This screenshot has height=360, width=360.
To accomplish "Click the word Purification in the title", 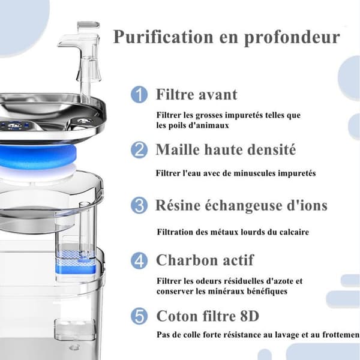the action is pos(163,37).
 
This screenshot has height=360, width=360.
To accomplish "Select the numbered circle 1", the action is pos(139,94).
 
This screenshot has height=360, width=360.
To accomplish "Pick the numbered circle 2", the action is pos(139,149).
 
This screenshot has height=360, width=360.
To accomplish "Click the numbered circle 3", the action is pos(139,205).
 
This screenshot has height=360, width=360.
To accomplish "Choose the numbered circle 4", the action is pos(139,260).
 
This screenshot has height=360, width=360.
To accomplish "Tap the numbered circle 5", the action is pos(139,316).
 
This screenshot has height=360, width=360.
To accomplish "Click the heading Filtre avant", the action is pos(197,94).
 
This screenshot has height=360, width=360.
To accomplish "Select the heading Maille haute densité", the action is pos(226,149).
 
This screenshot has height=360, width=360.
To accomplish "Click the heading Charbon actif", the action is pos(205,260).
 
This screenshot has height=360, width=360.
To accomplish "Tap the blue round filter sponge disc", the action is pos(38,157).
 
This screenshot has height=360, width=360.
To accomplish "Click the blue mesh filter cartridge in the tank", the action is pos(76,262).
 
